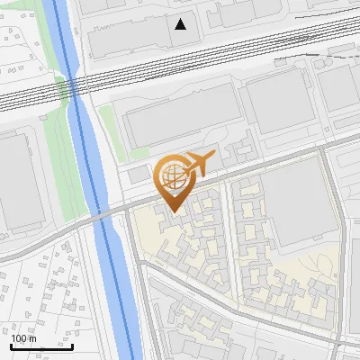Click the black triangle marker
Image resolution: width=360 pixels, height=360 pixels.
pyautogui.click(x=182, y=24)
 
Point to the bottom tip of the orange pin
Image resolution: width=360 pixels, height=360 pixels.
pyautogui.click(x=173, y=211)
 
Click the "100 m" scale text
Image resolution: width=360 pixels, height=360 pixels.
pyautogui.click(x=23, y=338)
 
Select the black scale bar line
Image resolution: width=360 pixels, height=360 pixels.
pyautogui.click(x=41, y=346)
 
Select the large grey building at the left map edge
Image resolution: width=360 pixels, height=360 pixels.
pyautogui.click(x=16, y=180)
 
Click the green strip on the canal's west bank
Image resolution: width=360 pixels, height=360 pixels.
pyautogui.click(x=62, y=99)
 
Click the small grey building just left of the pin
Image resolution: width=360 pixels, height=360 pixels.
pyautogui.click(x=138, y=174)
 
